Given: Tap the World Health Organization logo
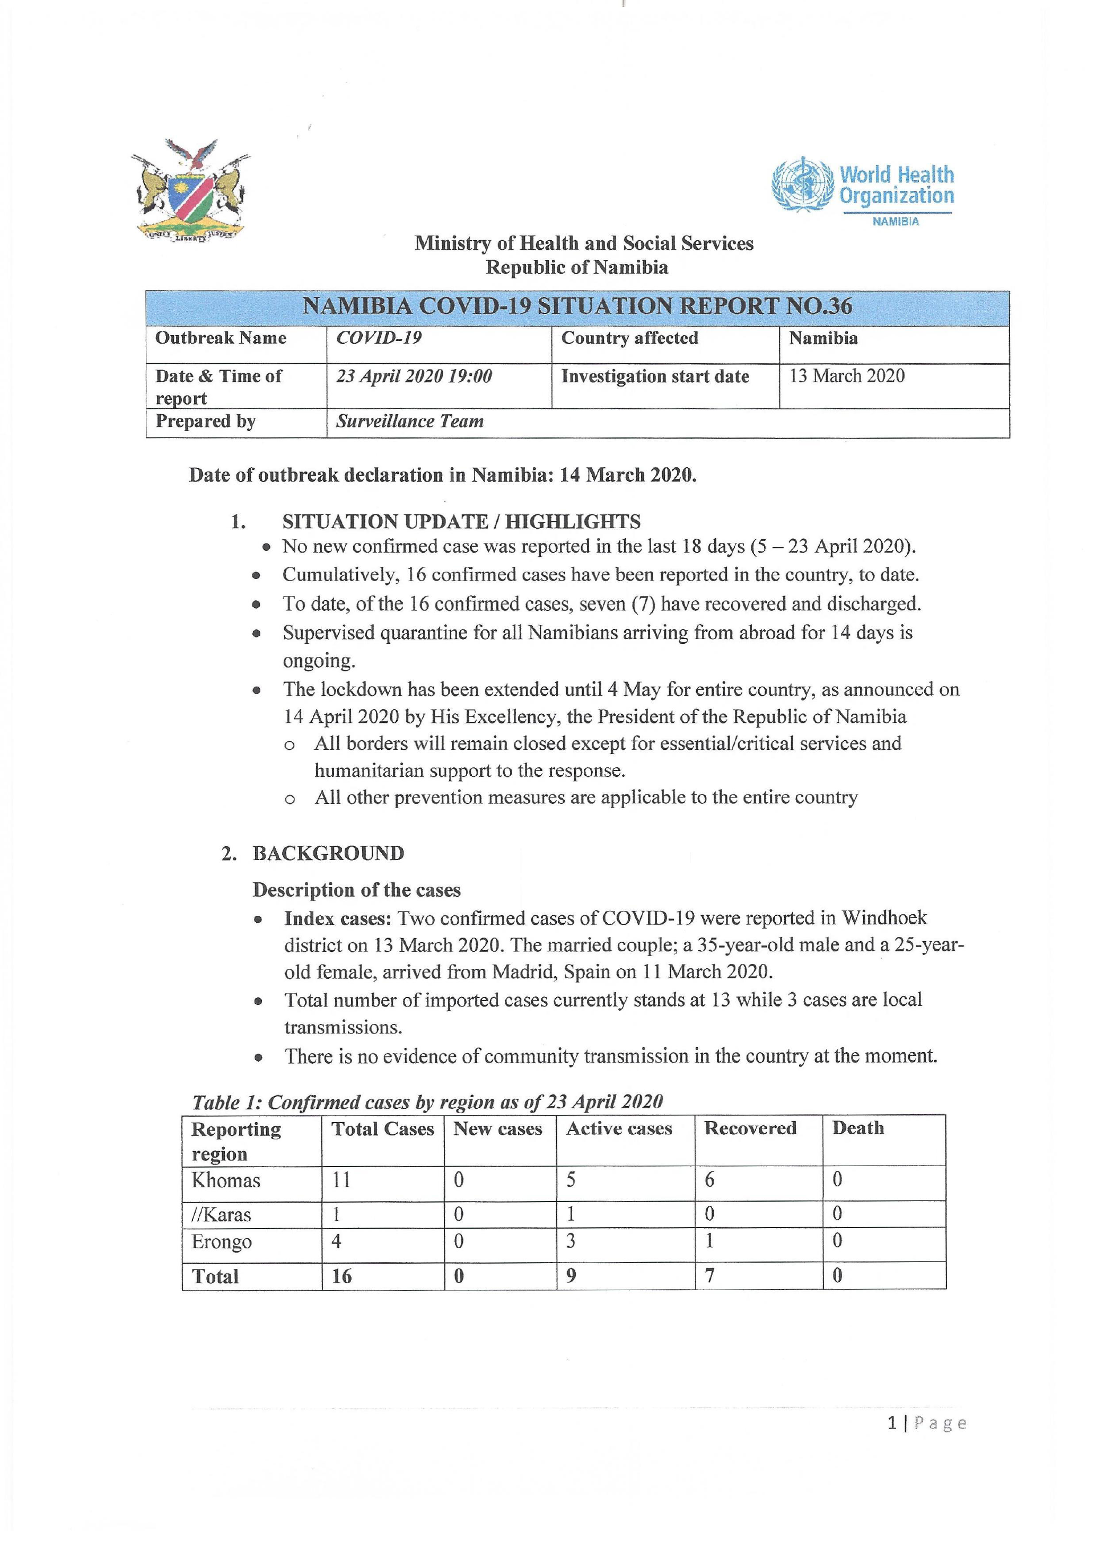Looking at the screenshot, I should click(863, 190).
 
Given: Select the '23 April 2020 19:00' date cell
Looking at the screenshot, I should click(414, 376).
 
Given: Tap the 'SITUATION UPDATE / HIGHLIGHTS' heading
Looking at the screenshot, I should click(461, 521).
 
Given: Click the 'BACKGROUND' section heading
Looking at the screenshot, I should click(328, 853).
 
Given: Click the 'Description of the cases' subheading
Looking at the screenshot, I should click(356, 890).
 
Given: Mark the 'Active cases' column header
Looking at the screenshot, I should click(619, 1129).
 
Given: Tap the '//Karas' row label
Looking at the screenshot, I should click(221, 1215).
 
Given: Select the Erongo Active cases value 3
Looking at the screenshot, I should click(571, 1241).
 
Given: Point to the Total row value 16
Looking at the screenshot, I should click(341, 1276).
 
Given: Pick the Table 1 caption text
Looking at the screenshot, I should click(427, 1102).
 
